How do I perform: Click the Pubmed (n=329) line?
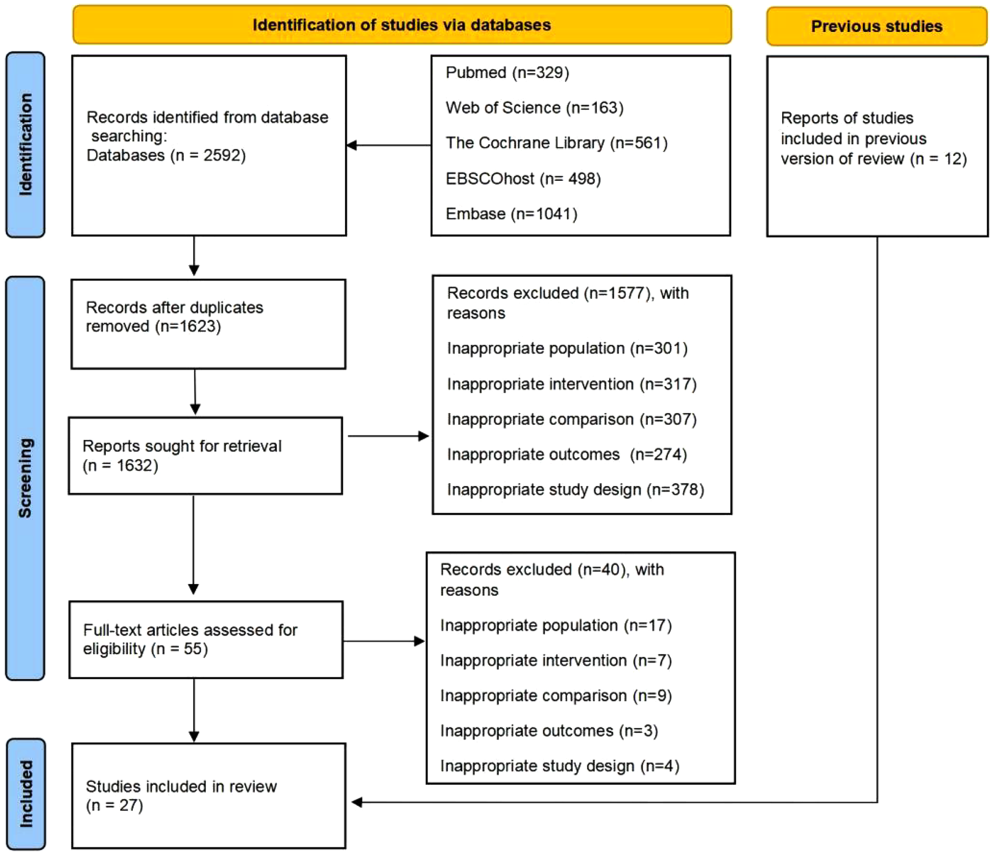(507, 72)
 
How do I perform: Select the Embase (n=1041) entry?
(511, 214)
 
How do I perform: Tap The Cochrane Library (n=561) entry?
(556, 143)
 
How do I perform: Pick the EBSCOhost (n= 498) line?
(523, 179)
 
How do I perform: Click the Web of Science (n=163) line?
(534, 107)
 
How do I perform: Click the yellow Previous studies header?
(876, 26)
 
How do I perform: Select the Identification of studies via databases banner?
(401, 25)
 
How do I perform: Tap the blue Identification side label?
(25, 145)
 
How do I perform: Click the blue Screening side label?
(25, 478)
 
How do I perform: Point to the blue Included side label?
(26, 794)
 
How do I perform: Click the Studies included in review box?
(208, 795)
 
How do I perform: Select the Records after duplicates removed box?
(208, 323)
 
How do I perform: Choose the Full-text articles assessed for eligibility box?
(206, 639)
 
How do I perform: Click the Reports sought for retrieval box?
(205, 455)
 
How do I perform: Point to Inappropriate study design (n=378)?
(575, 490)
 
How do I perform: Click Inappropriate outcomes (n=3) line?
(549, 731)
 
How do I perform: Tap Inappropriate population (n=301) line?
(567, 349)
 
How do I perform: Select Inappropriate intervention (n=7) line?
(556, 661)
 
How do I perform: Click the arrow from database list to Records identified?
(388, 145)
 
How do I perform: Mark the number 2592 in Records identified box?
(223, 156)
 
